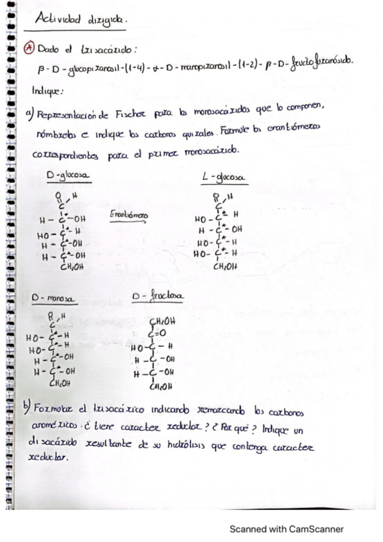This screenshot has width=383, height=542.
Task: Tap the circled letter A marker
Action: tap(29, 49)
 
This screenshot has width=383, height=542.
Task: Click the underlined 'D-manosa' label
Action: tap(54, 298)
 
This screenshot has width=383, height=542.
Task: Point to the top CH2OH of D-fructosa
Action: tap(161, 321)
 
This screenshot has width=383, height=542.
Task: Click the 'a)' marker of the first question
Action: tap(29, 114)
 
